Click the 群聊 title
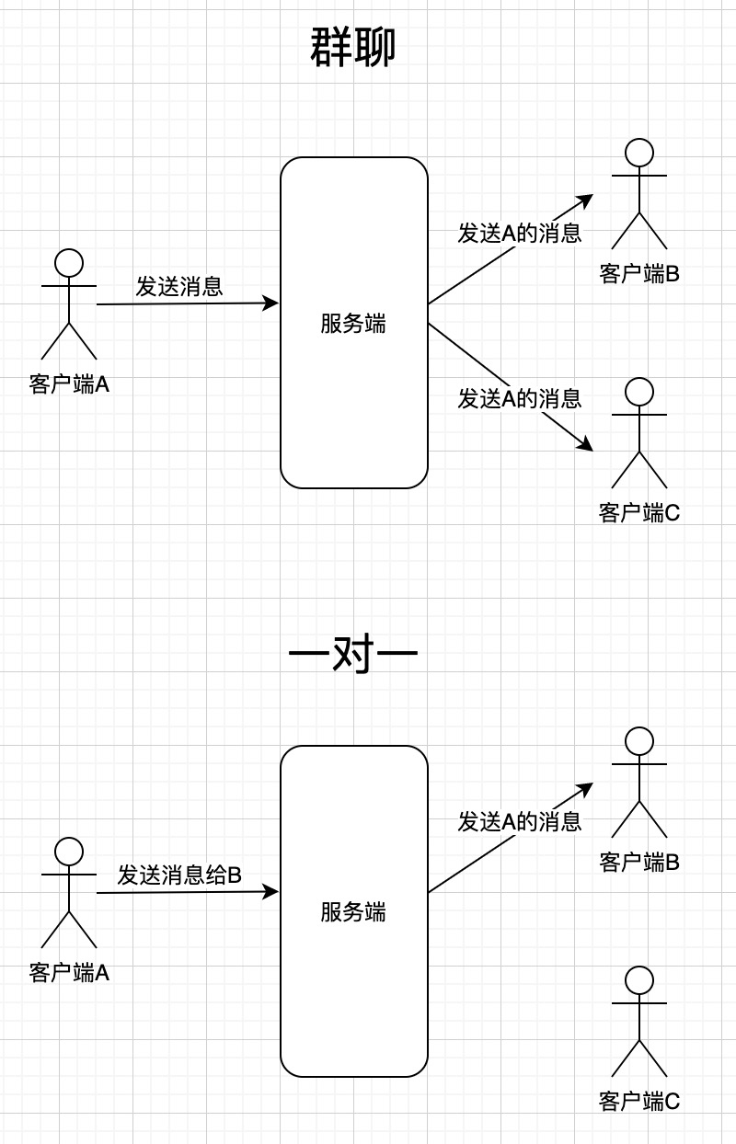point(353,48)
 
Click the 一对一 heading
point(353,655)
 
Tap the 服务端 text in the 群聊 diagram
point(353,324)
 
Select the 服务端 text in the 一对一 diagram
point(353,912)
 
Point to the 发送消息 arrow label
point(179,286)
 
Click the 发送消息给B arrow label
point(179,875)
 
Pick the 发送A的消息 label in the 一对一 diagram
point(520,821)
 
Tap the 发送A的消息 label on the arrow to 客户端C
point(520,398)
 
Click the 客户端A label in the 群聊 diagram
point(69,383)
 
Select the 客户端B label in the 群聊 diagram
point(639,273)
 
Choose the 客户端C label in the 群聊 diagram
point(639,512)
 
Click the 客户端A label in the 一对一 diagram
point(69,972)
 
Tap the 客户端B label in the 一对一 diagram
point(639,862)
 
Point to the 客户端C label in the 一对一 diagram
point(639,1101)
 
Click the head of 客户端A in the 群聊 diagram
point(69,263)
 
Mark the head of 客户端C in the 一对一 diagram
point(639,980)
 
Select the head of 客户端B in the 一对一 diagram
point(639,741)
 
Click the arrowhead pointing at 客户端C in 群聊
point(585,445)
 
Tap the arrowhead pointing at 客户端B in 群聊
point(585,200)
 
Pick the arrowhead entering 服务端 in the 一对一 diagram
point(270,891)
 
